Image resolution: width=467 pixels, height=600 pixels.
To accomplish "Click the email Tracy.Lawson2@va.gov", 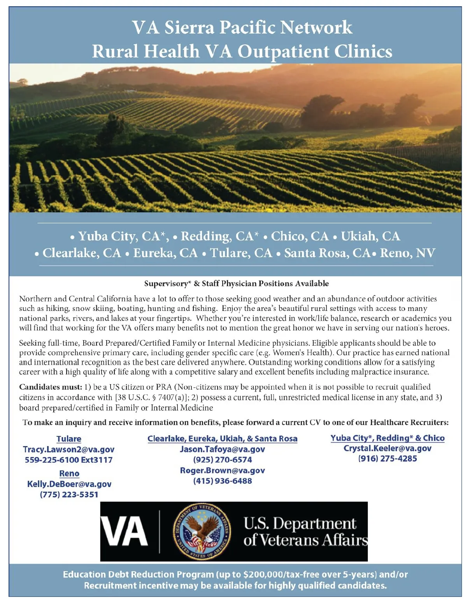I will (68, 449).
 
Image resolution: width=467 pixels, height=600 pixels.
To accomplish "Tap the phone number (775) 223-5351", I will (69, 494).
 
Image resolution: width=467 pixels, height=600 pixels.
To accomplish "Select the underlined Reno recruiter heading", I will (69, 473).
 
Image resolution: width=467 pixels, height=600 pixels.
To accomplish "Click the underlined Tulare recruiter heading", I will (69, 439).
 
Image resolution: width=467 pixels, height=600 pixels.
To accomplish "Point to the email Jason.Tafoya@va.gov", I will (222, 449).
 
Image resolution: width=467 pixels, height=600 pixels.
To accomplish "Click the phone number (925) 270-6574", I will (222, 460).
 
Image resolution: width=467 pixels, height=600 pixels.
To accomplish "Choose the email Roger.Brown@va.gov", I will (222, 470).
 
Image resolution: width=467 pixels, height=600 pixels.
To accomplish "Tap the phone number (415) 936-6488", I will (222, 481).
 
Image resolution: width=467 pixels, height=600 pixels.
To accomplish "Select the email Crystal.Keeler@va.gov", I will (387, 448).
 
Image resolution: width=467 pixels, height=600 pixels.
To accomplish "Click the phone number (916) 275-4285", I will (387, 459).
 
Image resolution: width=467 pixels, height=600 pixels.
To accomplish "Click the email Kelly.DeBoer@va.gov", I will (69, 484).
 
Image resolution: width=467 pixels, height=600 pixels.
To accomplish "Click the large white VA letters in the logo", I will (125, 532).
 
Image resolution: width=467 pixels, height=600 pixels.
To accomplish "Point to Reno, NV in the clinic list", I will (407, 253).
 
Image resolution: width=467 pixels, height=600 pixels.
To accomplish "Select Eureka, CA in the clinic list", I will (165, 253).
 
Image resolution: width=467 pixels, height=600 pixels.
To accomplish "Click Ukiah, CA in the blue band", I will (370, 236).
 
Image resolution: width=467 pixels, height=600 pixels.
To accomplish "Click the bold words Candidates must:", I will (51, 387).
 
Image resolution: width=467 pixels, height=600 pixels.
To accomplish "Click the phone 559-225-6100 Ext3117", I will (68, 460).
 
